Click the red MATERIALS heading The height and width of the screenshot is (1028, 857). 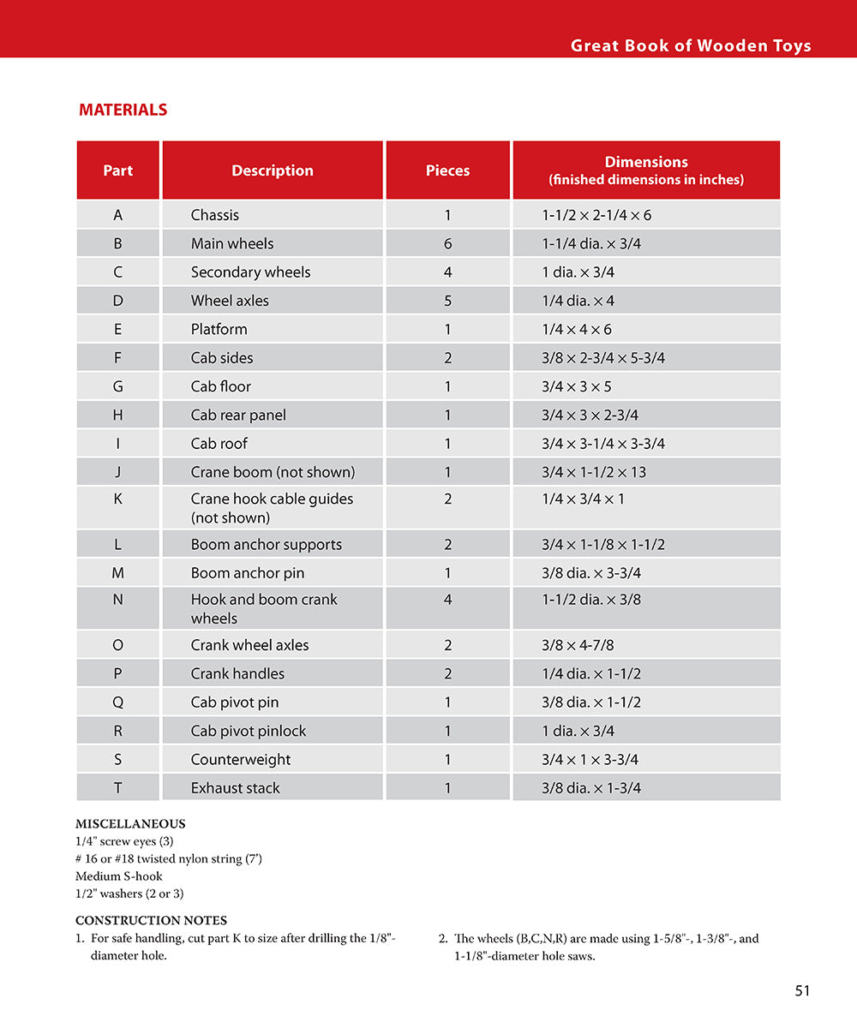123,110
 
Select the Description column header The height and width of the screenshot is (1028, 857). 273,170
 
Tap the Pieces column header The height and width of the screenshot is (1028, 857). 447,170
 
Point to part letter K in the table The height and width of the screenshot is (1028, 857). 117,499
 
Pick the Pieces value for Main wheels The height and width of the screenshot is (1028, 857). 447,243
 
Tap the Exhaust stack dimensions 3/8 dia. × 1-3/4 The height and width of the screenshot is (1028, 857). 591,788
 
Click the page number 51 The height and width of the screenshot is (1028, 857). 802,990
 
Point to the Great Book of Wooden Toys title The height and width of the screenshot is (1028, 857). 691,46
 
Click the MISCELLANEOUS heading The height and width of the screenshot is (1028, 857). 130,824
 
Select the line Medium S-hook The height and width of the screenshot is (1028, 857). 119,876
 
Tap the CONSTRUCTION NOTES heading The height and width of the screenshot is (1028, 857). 151,921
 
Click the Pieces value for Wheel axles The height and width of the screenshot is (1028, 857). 447,301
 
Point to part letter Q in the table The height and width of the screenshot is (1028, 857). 117,702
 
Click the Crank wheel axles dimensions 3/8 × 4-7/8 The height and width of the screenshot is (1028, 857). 590,645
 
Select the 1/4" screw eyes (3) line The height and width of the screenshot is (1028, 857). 124,841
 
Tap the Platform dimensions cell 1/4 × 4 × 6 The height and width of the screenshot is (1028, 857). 577,329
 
